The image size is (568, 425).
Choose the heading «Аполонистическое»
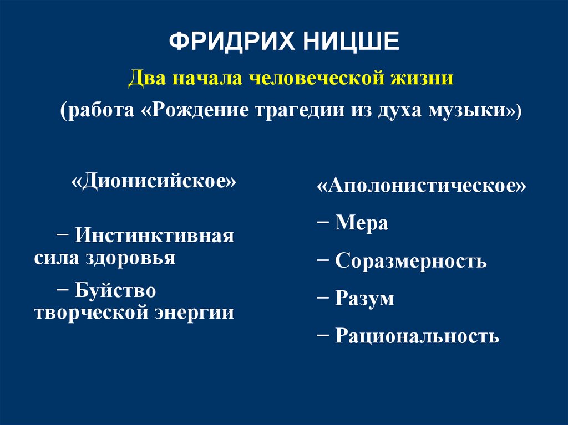pos(422,186)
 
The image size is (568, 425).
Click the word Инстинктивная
pos(155,236)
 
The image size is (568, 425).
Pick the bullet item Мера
pos(361,223)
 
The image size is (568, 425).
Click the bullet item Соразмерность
pos(410,261)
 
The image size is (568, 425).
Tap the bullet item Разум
pos(364,299)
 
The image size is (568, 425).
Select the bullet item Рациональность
pos(417,336)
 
